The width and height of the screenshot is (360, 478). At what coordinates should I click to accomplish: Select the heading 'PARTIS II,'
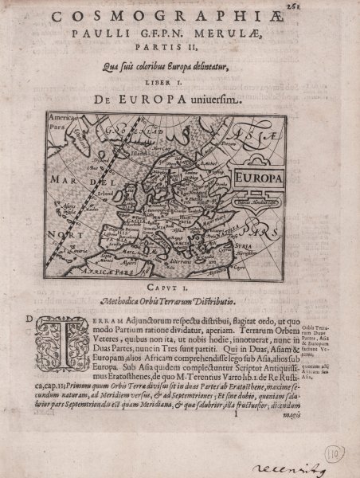coord(179,49)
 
